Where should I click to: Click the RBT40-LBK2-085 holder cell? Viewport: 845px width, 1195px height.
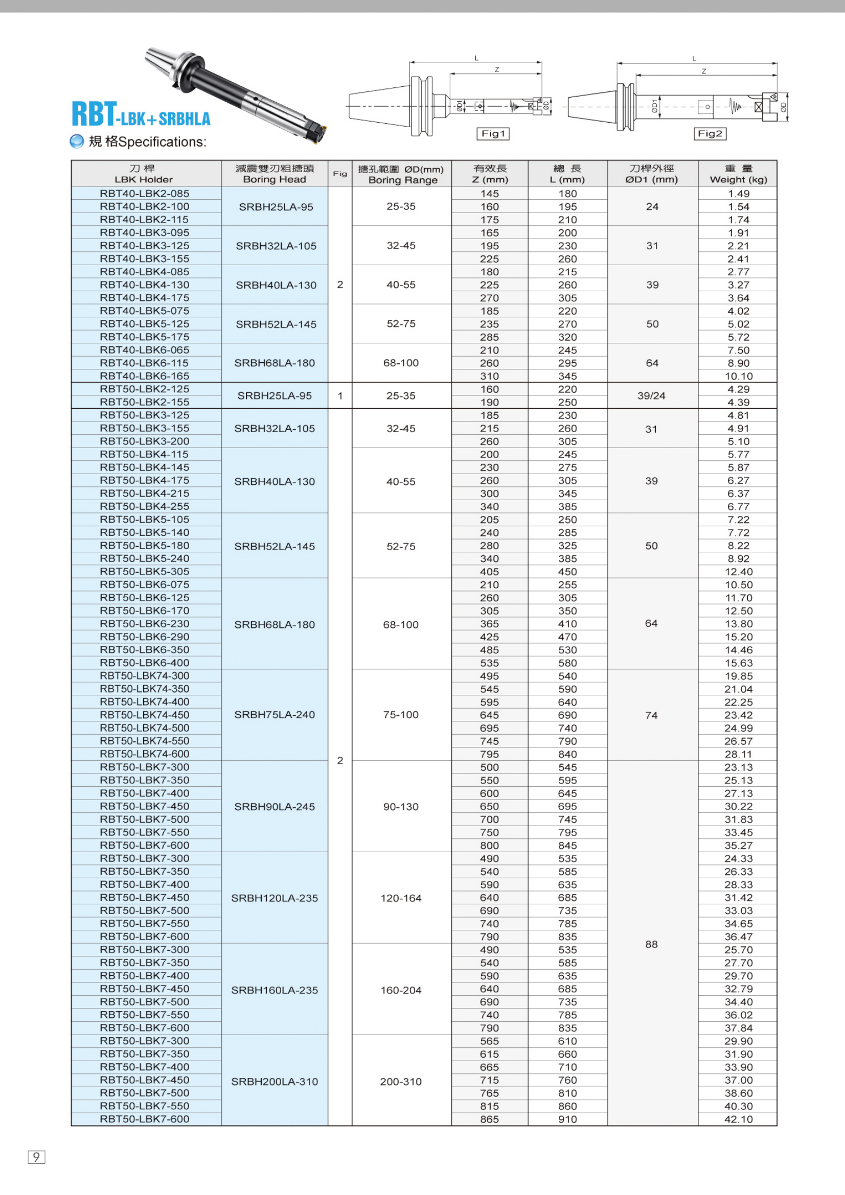[x=145, y=194]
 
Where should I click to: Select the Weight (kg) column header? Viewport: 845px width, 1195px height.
[x=738, y=174]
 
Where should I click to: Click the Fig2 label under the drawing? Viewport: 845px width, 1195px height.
[x=710, y=134]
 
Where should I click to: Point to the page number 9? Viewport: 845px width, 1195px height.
[x=36, y=1157]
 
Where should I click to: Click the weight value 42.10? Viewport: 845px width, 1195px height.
[x=738, y=1119]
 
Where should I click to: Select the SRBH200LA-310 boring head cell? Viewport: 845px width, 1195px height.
[x=275, y=1082]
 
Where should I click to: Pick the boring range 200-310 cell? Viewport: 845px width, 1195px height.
[x=401, y=1082]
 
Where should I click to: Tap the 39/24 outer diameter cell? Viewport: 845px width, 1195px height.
[x=651, y=395]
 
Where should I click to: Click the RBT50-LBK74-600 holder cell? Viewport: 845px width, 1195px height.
[x=145, y=754]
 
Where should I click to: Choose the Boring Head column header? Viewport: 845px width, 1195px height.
[x=275, y=174]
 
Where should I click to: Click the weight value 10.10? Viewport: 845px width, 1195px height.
[x=738, y=377]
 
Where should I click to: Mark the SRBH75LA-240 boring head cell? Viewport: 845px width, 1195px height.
[x=275, y=715]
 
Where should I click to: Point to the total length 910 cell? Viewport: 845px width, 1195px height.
[x=567, y=1119]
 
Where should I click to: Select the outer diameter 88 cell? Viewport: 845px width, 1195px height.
[x=651, y=944]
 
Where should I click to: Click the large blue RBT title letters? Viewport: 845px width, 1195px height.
[x=94, y=114]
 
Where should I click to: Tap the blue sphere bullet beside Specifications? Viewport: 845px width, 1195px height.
[x=77, y=142]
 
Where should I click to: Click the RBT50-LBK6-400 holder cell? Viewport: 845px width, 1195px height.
[x=145, y=663]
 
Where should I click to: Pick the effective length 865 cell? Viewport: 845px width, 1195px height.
[x=489, y=1119]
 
